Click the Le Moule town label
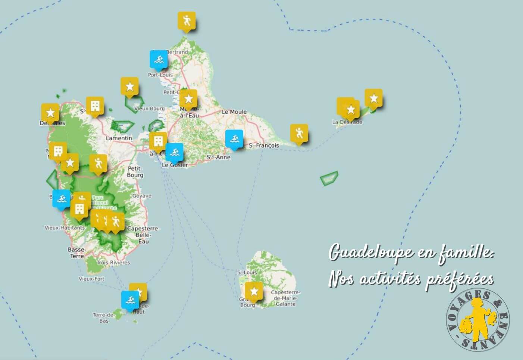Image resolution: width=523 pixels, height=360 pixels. point(234,112)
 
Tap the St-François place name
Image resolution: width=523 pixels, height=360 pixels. point(264,145)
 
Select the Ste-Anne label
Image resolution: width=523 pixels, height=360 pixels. point(219,157)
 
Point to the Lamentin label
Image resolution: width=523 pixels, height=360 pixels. point(119,138)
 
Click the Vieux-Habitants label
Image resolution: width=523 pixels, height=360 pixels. point(65,228)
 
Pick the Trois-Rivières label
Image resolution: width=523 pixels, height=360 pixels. point(113,262)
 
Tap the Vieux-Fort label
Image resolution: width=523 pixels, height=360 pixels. point(91,279)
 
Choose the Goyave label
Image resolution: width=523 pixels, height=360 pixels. point(142,195)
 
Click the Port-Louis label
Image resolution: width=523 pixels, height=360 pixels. point(160,75)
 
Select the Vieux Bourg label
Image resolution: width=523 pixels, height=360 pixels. point(149,109)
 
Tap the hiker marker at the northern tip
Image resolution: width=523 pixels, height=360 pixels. point(186,21)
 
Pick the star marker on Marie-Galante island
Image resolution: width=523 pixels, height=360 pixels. point(254,291)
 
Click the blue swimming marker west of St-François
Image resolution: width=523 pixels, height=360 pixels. point(234,139)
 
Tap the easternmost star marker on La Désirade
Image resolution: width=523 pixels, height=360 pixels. point(373,98)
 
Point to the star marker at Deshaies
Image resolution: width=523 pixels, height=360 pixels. point(50,113)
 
